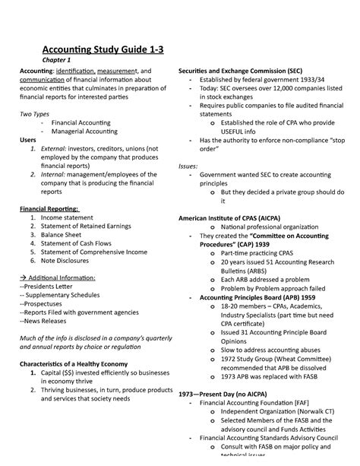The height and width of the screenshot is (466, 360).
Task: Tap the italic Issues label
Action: click(188, 165)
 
